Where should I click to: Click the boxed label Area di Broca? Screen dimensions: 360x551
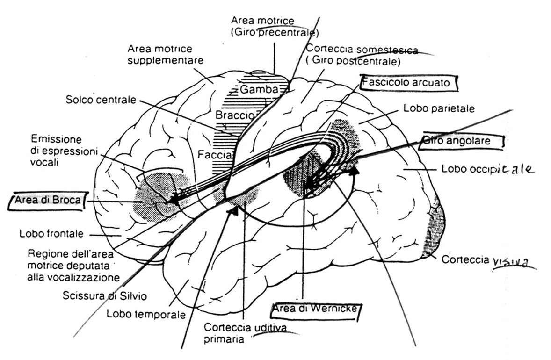pyautogui.click(x=48, y=201)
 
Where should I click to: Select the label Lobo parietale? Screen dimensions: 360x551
pyautogui.click(x=439, y=108)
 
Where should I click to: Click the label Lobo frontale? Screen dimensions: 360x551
pyautogui.click(x=52, y=233)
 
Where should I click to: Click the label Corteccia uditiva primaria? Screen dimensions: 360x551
pyautogui.click(x=239, y=333)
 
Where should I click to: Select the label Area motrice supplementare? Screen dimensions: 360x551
pyautogui.click(x=161, y=55)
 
